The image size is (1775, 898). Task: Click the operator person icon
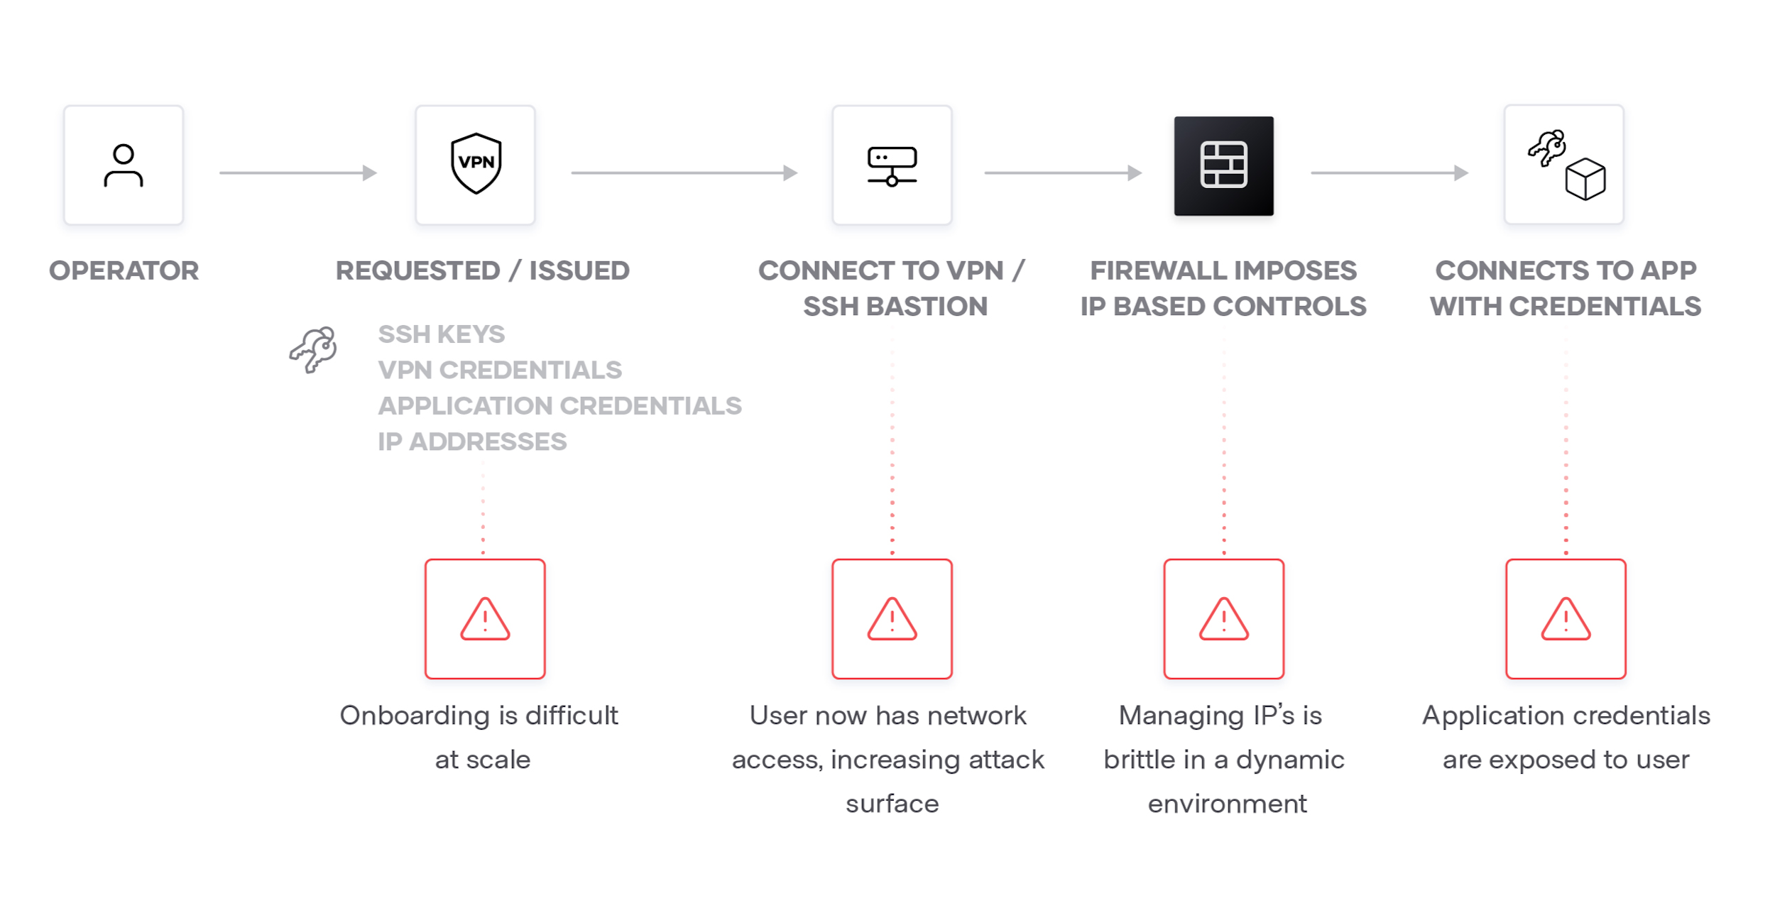[124, 165]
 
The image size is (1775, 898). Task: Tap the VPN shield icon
[476, 163]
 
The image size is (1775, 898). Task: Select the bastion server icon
[892, 166]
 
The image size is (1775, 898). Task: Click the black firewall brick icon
[1223, 165]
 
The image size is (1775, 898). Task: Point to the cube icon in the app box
[1585, 179]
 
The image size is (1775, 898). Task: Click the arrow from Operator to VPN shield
[297, 173]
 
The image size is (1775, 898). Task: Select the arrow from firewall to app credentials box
[1389, 173]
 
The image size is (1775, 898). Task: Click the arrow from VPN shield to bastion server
[684, 173]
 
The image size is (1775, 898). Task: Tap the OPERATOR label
[124, 270]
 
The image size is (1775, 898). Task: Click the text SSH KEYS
[441, 334]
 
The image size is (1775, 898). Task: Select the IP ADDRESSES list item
[471, 442]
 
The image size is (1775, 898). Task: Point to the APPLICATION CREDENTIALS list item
[559, 405]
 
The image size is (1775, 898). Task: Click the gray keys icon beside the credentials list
[313, 349]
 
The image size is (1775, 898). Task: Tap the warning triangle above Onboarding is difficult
[485, 619]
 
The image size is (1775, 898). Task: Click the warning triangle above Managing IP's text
[1223, 619]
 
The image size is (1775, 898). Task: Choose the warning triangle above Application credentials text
[1566, 619]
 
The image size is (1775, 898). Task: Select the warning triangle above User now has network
[892, 619]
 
